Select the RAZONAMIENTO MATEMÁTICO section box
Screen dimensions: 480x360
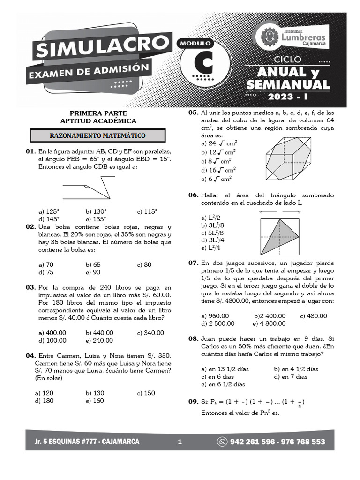[97, 135]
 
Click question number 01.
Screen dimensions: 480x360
[30, 151]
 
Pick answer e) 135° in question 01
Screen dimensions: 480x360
[96, 219]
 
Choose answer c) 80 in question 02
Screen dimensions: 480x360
[144, 264]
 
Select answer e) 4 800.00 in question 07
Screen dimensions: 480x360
[269, 323]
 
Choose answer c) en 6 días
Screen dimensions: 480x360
[217, 376]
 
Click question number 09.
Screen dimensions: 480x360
[193, 402]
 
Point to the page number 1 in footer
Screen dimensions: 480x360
[180, 442]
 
